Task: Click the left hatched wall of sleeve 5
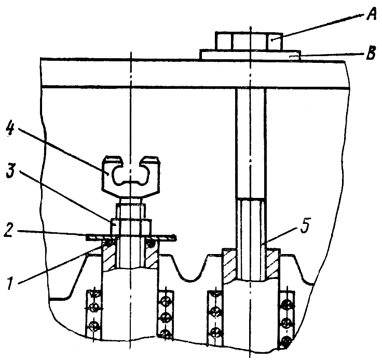(x=230, y=265)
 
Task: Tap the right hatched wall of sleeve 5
(x=273, y=265)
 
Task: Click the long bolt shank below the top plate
(x=252, y=140)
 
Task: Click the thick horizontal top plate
(x=156, y=73)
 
